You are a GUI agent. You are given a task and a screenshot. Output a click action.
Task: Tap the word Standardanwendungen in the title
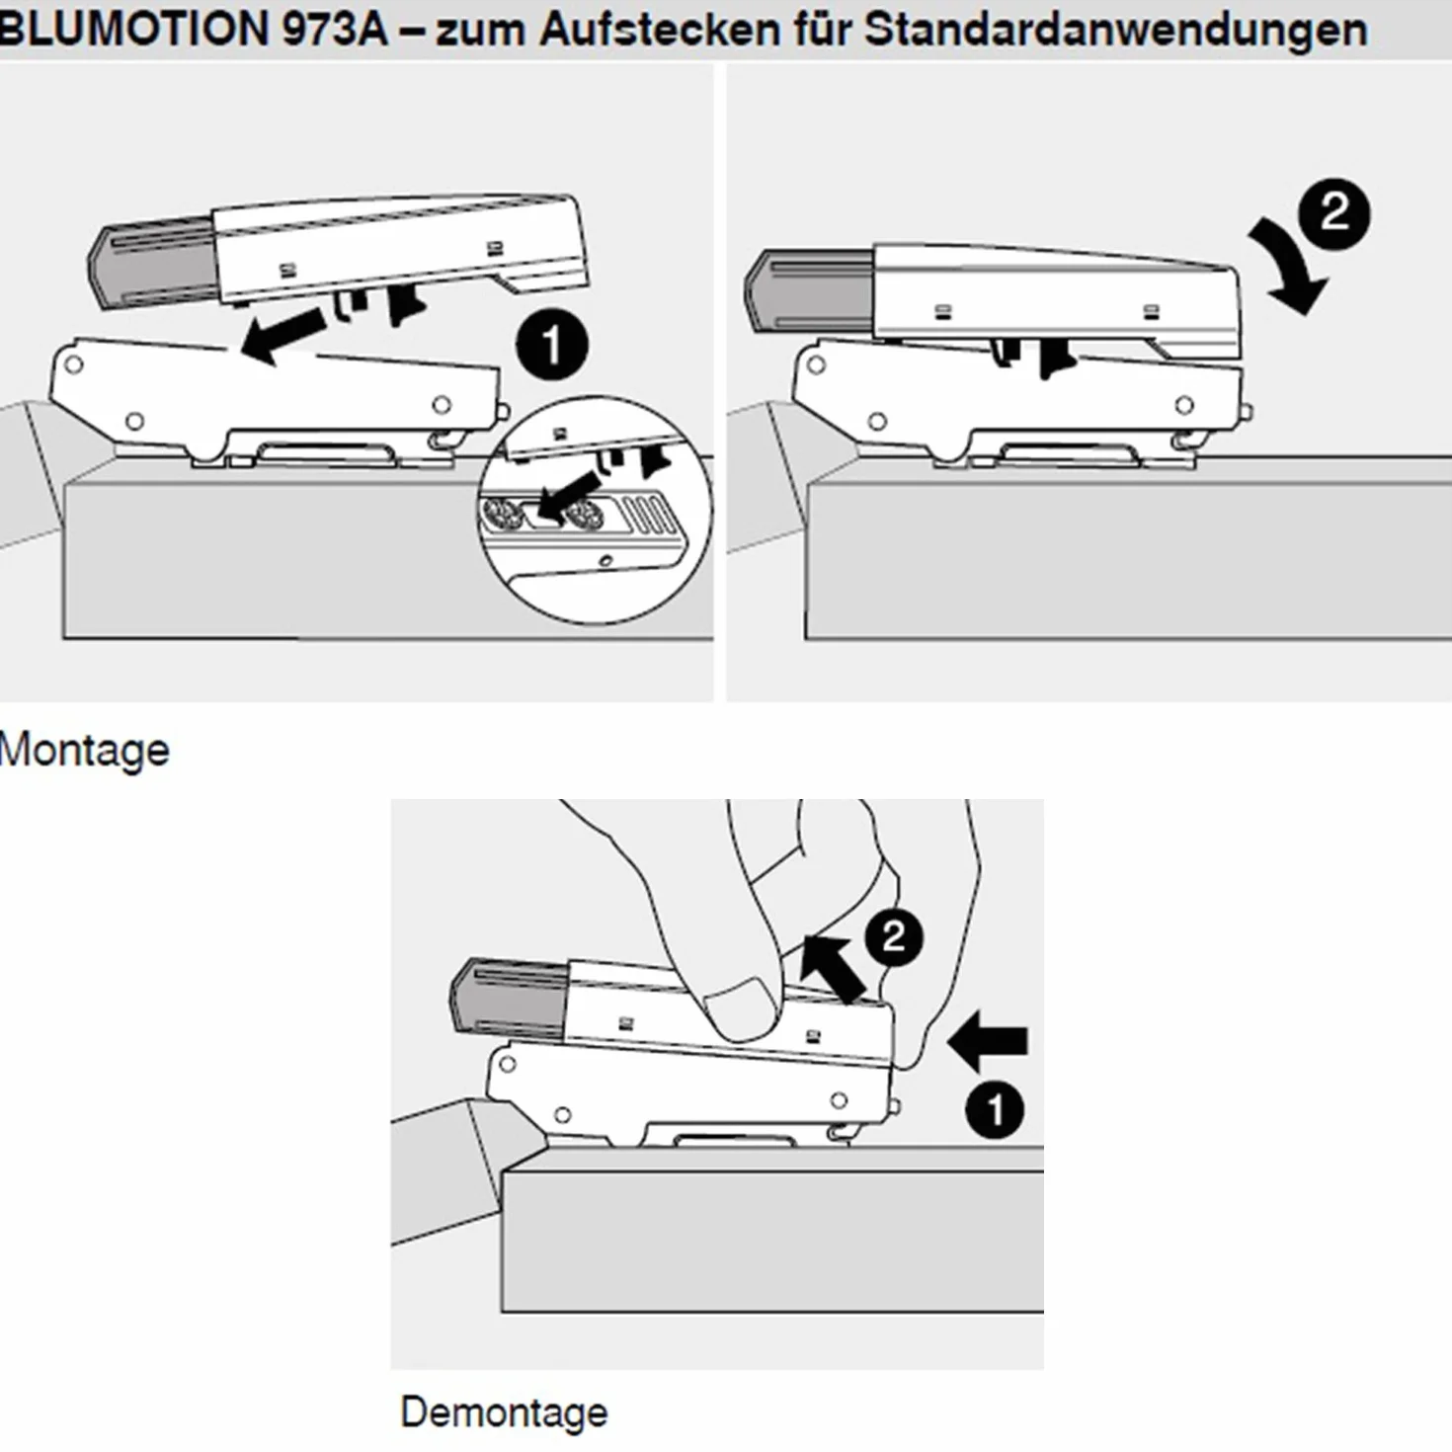pos(1115,30)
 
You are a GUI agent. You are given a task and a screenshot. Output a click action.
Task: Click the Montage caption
pos(84,751)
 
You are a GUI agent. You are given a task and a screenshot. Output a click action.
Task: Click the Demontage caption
pos(504,1412)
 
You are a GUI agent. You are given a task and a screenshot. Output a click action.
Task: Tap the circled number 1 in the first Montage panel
pos(551,346)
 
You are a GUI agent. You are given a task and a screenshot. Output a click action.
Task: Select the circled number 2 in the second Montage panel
pos(1333,214)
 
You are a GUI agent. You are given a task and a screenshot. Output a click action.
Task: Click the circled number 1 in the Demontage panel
pos(995,1110)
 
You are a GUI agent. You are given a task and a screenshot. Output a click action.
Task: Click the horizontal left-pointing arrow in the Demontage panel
pos(988,1040)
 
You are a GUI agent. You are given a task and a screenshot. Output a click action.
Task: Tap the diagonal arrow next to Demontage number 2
pos(834,968)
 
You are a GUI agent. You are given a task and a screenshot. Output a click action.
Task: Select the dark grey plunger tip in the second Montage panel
pos(809,292)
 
